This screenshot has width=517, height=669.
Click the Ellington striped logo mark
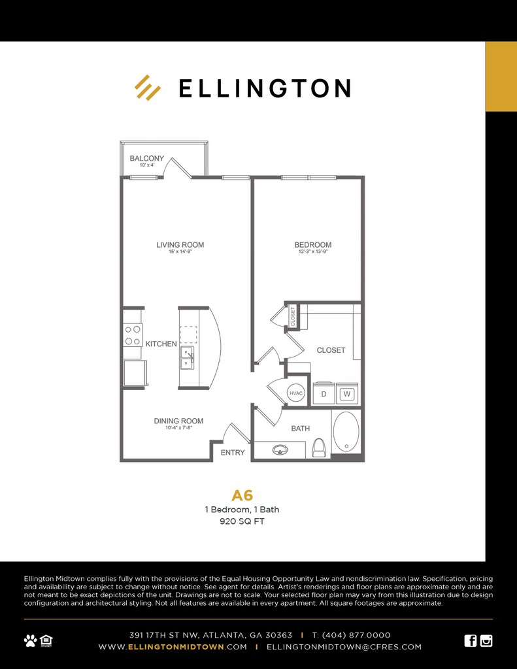tap(148, 88)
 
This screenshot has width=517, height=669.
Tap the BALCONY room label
tap(146, 158)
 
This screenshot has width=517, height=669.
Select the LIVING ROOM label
tap(180, 245)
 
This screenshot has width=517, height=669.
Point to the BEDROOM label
tap(312, 245)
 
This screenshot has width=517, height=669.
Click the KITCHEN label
tap(161, 344)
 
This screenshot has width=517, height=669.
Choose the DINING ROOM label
tap(178, 421)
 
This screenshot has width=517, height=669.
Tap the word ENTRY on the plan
tap(233, 452)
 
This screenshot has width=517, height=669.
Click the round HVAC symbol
tap(297, 393)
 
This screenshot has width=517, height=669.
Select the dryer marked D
tap(324, 394)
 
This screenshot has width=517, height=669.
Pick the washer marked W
tap(347, 394)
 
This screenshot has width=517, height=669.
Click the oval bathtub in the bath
tap(346, 432)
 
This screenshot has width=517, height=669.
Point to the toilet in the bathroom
tap(319, 448)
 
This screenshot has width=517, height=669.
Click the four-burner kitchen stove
tap(133, 335)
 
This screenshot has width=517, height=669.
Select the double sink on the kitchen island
tap(188, 357)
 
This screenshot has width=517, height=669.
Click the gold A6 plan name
tap(242, 495)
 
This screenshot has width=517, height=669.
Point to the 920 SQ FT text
tap(242, 522)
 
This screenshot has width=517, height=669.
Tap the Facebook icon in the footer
tap(470, 640)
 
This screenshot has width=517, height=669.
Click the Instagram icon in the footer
tap(486, 640)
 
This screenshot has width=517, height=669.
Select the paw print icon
tap(30, 640)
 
